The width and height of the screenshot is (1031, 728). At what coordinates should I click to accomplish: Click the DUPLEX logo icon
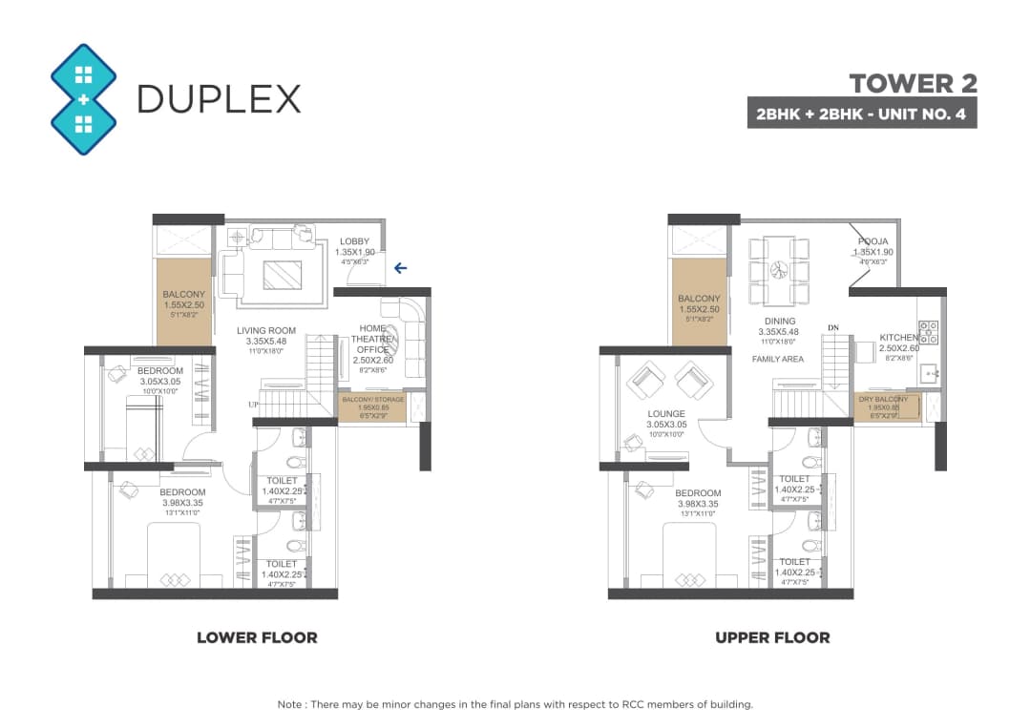point(84,99)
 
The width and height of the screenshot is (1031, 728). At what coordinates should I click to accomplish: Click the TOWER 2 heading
point(913,83)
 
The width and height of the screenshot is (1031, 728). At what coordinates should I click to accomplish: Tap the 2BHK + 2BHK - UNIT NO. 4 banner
point(861,114)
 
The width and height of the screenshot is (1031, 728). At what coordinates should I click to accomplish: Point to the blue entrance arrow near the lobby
point(401,269)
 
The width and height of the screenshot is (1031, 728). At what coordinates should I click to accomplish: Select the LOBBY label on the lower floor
point(354,241)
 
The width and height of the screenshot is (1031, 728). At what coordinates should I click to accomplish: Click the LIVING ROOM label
point(266,331)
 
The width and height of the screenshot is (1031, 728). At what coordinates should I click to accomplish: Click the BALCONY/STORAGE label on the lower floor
point(372,399)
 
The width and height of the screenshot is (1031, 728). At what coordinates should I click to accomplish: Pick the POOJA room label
point(872,241)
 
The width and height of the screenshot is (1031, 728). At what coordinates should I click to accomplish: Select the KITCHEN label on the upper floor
point(897,338)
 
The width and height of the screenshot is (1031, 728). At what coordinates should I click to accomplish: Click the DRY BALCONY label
point(883,399)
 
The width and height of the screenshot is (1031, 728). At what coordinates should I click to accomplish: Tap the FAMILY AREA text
point(778,359)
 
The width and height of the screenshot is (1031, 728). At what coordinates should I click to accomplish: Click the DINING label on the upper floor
point(779,322)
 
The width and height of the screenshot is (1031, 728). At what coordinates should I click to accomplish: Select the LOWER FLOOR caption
point(257,637)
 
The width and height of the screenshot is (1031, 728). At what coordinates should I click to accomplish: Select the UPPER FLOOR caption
point(772,637)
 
